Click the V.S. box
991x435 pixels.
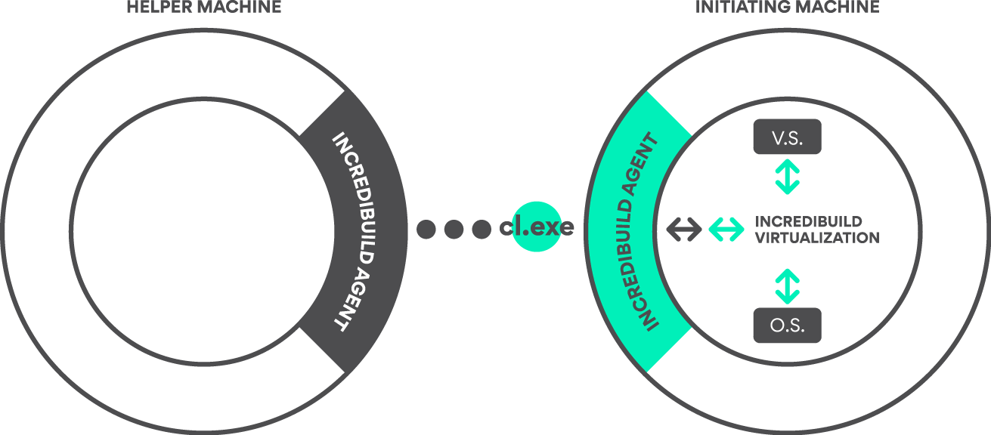[x=787, y=137]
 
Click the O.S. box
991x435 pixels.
[x=787, y=326]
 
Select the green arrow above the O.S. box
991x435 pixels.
[x=787, y=286]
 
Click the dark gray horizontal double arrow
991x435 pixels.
[x=683, y=229]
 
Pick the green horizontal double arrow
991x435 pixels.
[x=726, y=229]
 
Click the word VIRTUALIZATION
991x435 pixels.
[x=817, y=238]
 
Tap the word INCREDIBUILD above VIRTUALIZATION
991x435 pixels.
[x=808, y=222]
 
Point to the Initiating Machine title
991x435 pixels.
[x=787, y=7]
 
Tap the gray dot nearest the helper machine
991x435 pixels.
[x=426, y=229]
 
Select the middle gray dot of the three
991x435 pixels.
[x=454, y=229]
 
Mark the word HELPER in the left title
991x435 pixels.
[x=155, y=7]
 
